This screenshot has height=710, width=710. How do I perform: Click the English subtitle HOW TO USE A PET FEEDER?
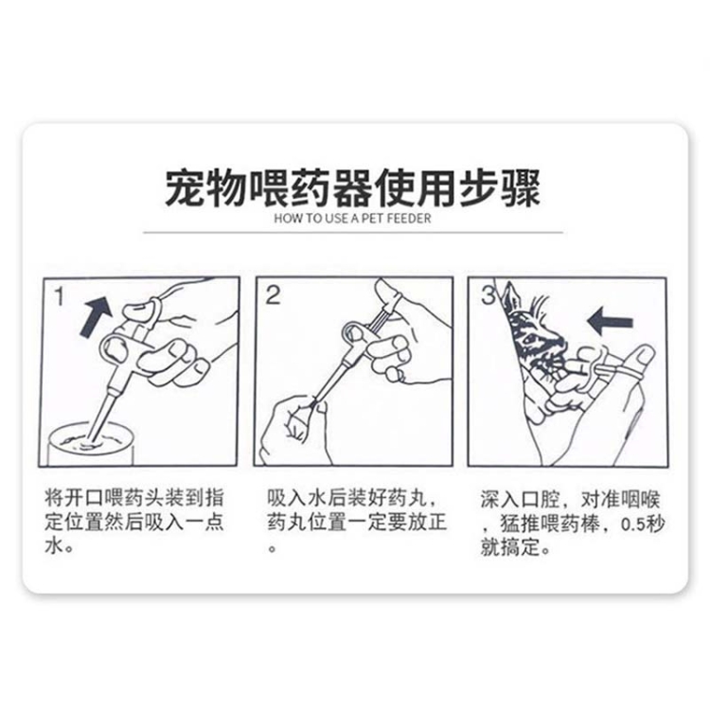352,219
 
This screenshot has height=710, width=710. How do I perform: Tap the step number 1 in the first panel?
60,296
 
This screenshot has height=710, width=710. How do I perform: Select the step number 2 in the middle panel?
273,295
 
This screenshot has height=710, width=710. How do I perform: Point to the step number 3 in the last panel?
488,294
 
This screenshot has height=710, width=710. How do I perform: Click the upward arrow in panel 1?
96,316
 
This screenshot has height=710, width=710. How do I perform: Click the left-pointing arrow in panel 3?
610,322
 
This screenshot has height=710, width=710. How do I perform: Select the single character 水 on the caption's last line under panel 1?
53,546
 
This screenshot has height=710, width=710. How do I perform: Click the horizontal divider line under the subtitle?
353,232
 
